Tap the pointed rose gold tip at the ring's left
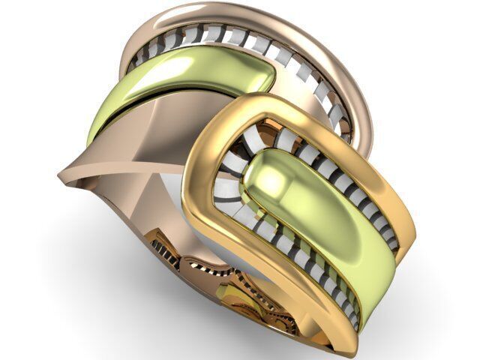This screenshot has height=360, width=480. point(67,177)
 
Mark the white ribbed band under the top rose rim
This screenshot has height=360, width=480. point(247,41)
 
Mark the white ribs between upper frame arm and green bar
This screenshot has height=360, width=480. point(337,172)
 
